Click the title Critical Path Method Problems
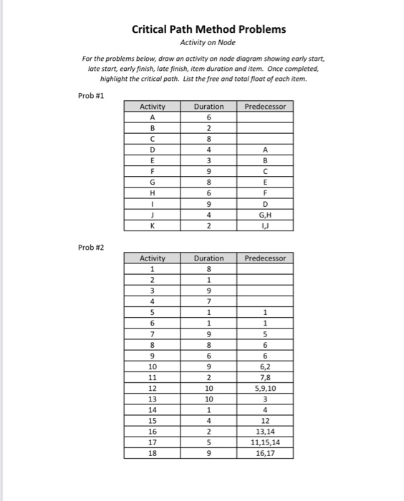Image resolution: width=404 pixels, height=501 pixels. coord(208,29)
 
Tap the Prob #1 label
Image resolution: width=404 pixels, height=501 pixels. coord(90,94)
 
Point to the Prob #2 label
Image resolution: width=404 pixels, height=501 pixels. coord(90,246)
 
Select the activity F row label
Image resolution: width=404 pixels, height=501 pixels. coord(152,171)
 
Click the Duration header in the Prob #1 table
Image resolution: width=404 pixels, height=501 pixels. coord(208,107)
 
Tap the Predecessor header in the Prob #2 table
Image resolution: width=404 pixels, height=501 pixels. coord(265,258)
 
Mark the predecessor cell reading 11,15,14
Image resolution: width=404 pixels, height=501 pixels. coord(265,442)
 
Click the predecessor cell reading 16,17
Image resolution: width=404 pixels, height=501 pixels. coord(265,452)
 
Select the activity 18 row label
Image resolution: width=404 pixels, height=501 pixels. coord(152,452)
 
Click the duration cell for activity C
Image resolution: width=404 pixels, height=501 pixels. coord(208,140)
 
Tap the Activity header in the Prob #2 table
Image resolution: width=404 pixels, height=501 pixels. coord(152,258)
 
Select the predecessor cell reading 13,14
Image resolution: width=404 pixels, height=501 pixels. coord(265,431)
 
